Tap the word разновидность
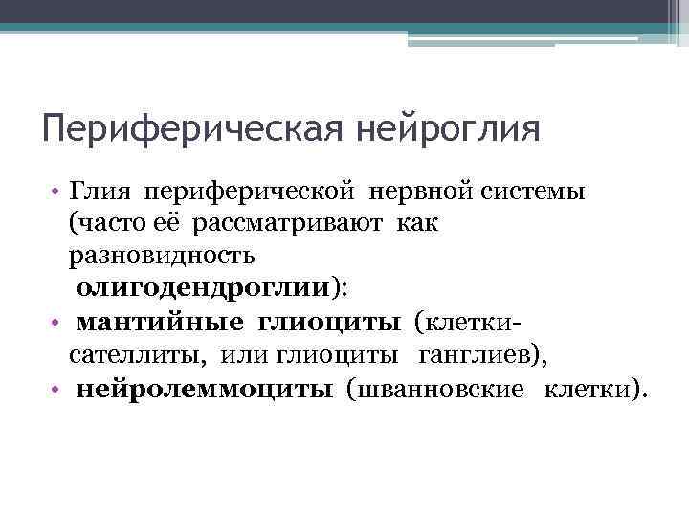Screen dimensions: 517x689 [x=161, y=256]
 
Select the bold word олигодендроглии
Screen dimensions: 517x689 [x=204, y=288]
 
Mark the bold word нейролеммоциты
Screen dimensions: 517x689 [x=205, y=389]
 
